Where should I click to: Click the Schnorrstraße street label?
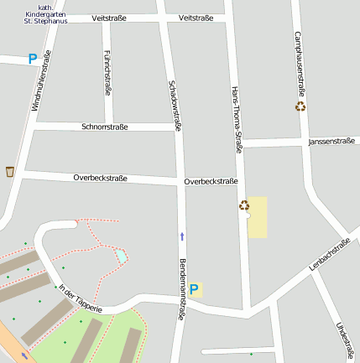pos(105,127)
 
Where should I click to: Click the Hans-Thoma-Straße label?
pos(237,119)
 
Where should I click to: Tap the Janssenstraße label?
pos(332,142)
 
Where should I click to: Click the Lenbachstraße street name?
pos(330,254)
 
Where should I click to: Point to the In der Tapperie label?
pos(81,298)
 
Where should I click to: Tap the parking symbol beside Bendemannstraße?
pos(194,290)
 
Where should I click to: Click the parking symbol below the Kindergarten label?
pos(33,59)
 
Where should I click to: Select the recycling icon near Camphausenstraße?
pos(300,106)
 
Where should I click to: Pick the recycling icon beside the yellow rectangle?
pos(243,205)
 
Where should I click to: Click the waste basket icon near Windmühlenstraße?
pos(10,171)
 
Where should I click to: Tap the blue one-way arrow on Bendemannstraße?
pos(181,236)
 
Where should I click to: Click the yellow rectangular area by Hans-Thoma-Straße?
pos(258,217)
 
